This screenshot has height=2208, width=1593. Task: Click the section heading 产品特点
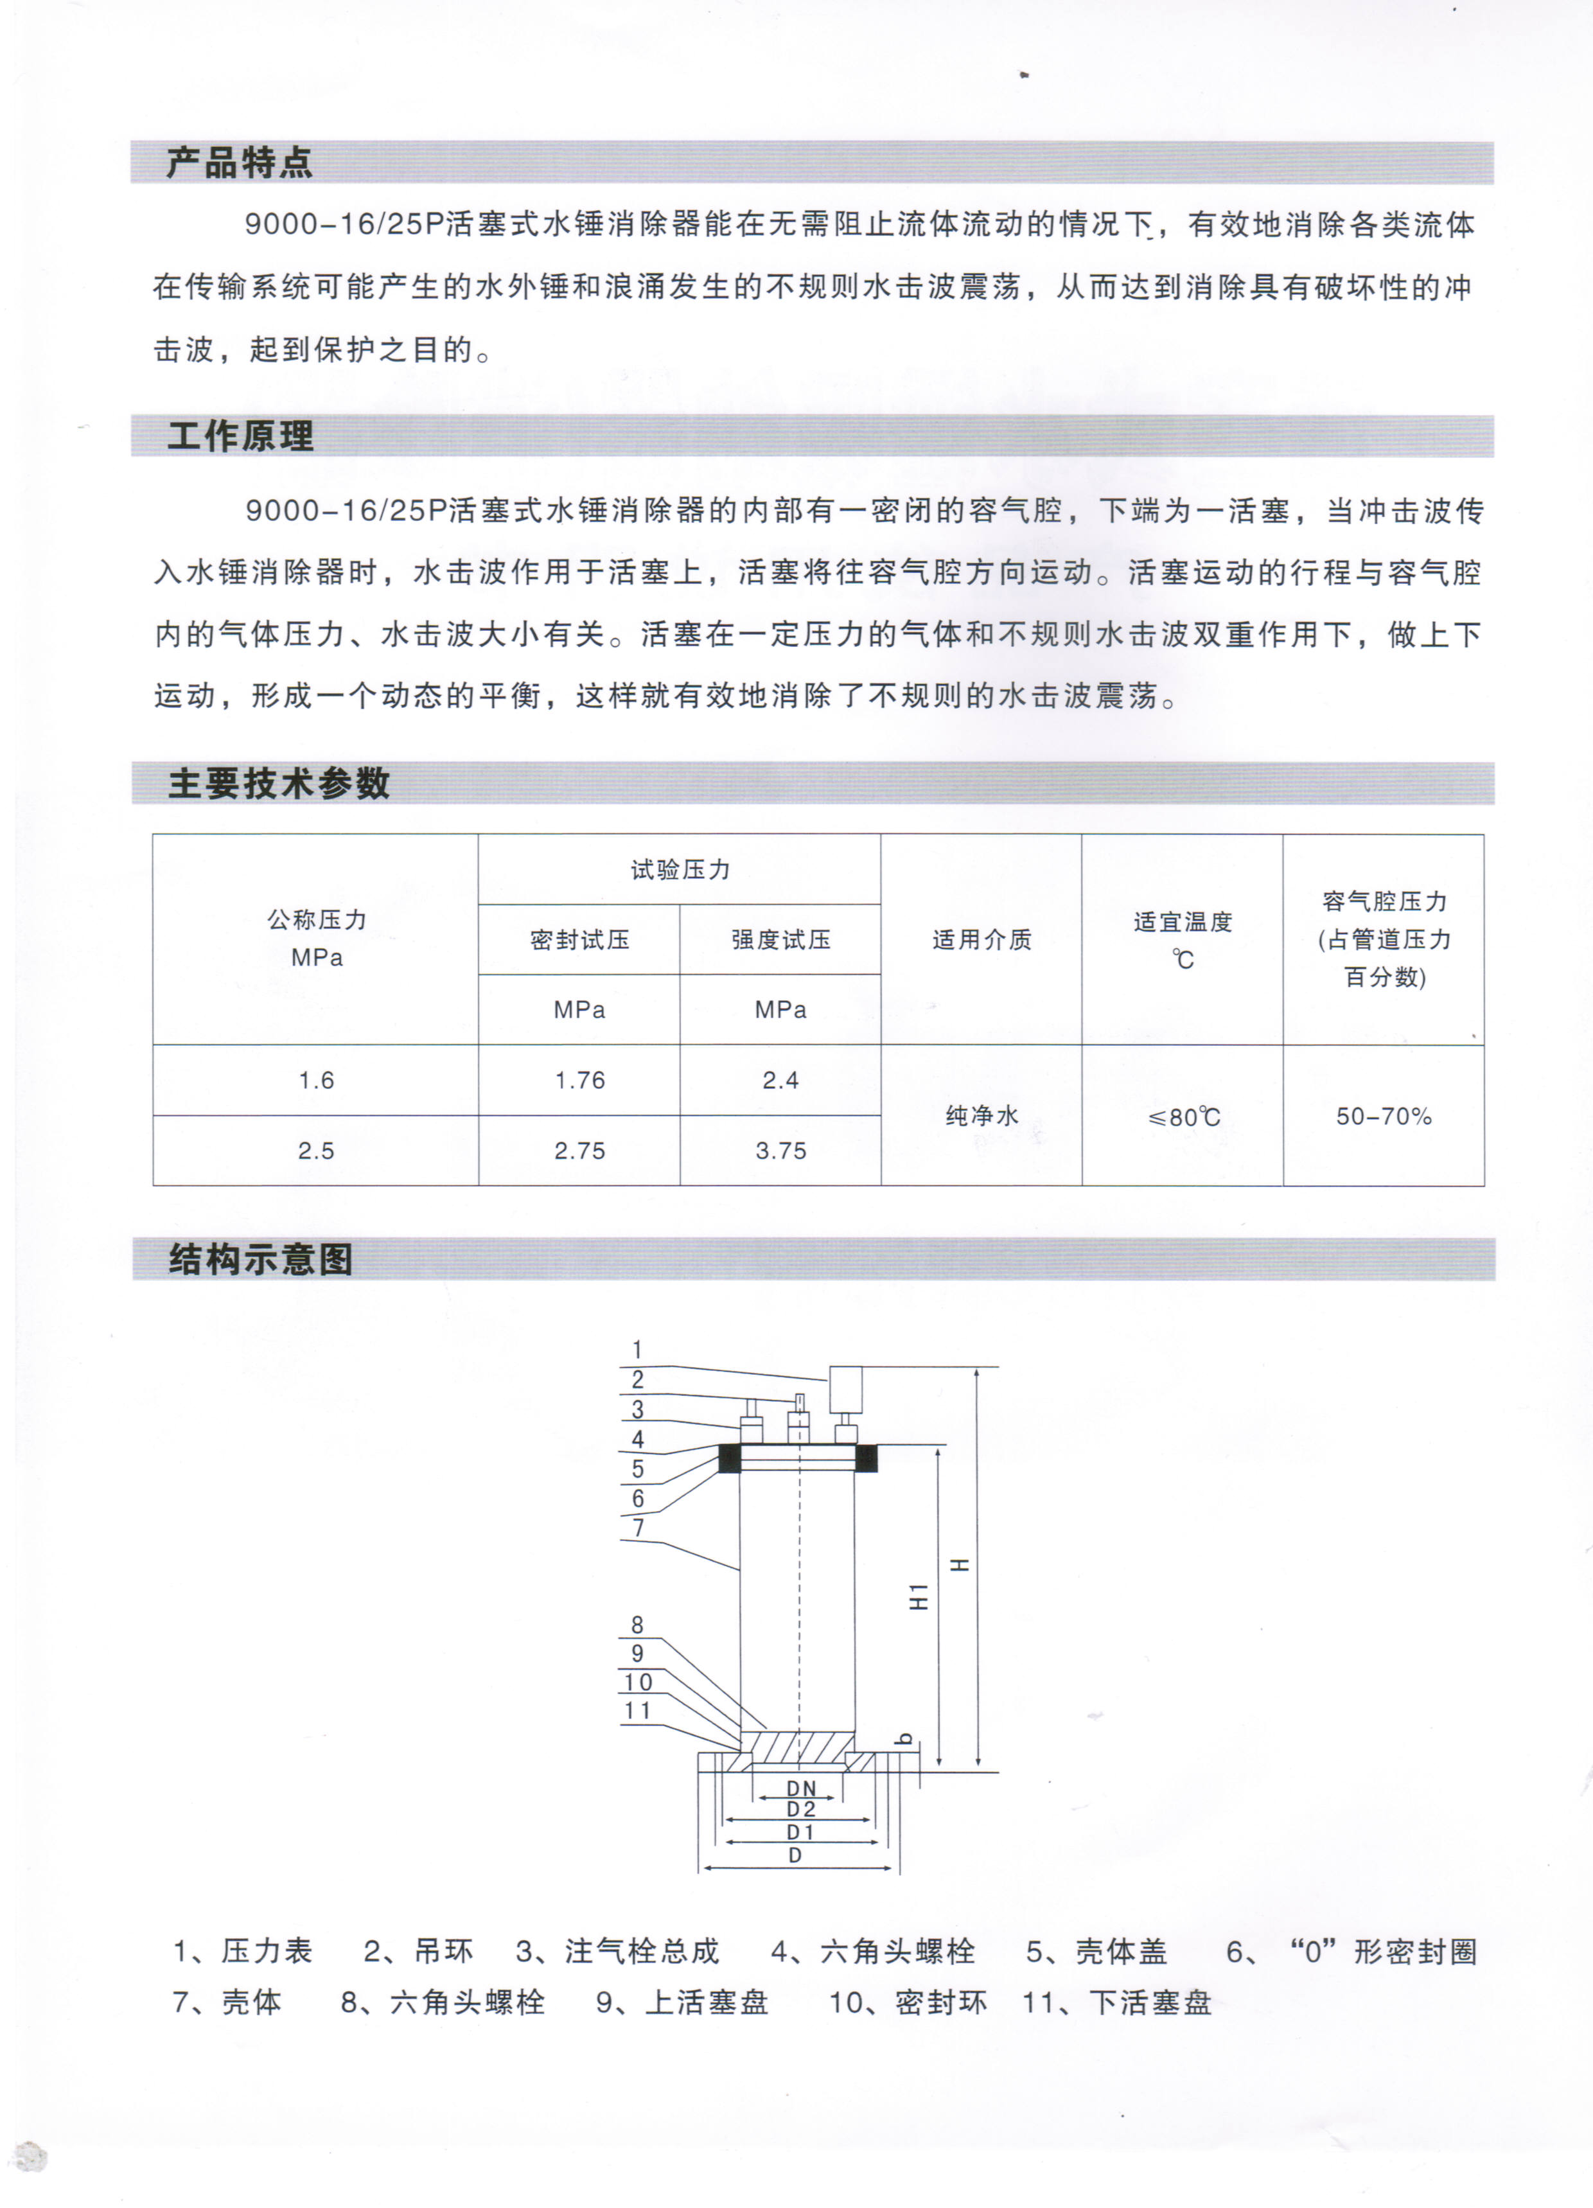[x=240, y=163]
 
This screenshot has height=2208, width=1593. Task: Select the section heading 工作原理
[x=240, y=436]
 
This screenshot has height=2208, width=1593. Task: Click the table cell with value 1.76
[x=579, y=1080]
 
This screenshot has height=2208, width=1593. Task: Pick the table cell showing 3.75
[x=781, y=1151]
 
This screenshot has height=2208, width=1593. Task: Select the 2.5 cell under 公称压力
[x=315, y=1151]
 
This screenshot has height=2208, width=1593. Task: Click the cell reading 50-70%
[x=1384, y=1116]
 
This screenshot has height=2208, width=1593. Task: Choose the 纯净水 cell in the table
[x=981, y=1116]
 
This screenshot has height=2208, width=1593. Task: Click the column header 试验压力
[x=680, y=869]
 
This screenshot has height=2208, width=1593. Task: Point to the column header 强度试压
[x=781, y=939]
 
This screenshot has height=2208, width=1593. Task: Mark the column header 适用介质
[x=981, y=939]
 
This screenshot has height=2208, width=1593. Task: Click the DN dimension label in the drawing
[x=800, y=1788]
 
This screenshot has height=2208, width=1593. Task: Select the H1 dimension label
[x=918, y=1596]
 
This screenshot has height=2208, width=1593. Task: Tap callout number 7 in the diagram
[x=638, y=1528]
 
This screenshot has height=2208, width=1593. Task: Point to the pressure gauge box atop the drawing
[x=845, y=1390]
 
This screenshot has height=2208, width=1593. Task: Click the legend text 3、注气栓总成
[x=617, y=1951]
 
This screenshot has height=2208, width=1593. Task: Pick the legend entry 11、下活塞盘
[x=1117, y=2002]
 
